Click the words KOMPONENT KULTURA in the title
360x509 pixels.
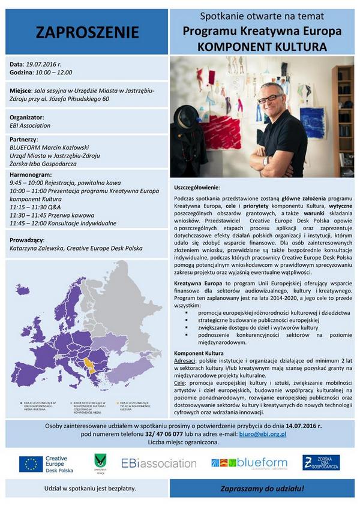coord(263,45)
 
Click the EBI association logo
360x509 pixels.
coord(151,463)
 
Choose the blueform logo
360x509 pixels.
coord(249,463)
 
